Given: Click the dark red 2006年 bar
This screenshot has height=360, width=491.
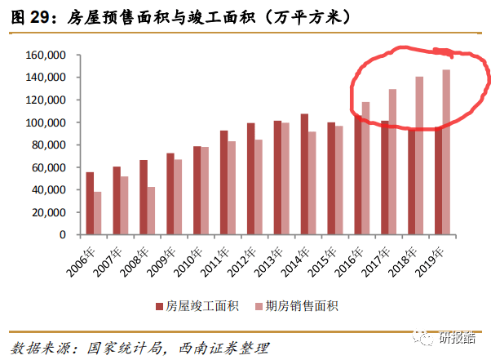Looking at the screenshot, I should pyautogui.click(x=90, y=203).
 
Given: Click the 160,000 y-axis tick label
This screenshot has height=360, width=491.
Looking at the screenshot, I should pyautogui.click(x=46, y=56).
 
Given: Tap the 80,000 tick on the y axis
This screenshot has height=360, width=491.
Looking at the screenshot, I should pyautogui.click(x=49, y=145).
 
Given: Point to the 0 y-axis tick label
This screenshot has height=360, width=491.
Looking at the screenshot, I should pyautogui.click(x=62, y=235).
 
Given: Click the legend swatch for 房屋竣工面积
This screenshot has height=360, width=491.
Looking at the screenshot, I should pyautogui.click(x=158, y=306).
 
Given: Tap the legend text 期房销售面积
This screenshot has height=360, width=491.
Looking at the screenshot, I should pyautogui.click(x=306, y=306).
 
